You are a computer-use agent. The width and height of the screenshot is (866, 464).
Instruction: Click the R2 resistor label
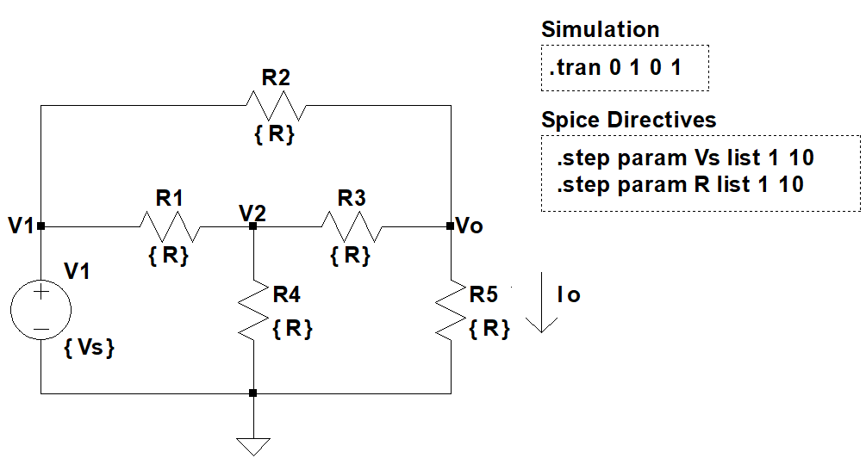pos(275,77)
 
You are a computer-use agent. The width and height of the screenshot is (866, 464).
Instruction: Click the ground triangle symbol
pos(252,446)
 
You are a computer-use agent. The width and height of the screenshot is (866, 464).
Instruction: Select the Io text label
pos(569,295)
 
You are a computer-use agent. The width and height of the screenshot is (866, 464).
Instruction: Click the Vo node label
pos(470,226)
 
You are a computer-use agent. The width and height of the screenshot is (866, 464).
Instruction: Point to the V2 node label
pos(252,211)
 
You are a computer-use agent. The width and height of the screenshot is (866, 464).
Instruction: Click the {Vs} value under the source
pos(90,349)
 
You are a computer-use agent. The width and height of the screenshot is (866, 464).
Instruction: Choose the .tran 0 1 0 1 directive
pos(615,67)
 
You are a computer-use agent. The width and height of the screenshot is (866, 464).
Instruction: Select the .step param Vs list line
pos(685,158)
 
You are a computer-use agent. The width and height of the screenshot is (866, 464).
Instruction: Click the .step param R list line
pos(680,183)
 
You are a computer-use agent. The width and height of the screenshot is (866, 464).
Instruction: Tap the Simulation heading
pos(600,29)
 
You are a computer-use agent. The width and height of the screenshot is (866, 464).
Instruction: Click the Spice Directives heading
pos(628,119)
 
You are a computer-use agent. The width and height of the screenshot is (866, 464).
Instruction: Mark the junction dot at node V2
pos(252,227)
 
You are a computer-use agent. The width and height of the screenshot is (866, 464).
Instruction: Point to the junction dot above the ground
pos(252,393)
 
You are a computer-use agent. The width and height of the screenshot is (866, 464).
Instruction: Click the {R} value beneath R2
pos(275,134)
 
